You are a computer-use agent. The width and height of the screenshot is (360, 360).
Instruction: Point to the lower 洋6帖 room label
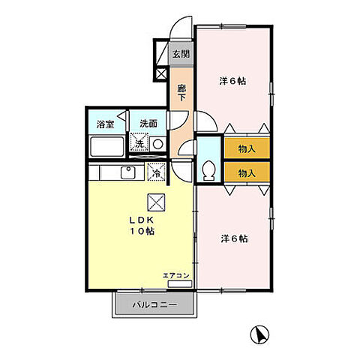click(234, 238)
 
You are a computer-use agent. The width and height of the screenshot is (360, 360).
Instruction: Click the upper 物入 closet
click(246, 148)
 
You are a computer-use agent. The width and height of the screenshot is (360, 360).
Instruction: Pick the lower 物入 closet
click(246, 172)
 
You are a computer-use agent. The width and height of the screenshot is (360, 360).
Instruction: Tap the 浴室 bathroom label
click(104, 124)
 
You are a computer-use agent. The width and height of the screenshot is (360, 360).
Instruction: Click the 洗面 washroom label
click(147, 124)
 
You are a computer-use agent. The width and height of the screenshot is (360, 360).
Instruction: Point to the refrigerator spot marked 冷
click(156, 172)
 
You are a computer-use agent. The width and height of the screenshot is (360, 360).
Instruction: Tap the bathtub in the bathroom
click(108, 146)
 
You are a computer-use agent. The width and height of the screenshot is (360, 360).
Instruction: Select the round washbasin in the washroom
click(157, 143)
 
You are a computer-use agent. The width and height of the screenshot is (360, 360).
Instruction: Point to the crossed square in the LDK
click(156, 201)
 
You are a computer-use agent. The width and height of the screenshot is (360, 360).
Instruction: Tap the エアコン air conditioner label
click(175, 276)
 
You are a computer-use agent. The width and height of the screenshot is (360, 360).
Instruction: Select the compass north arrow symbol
click(259, 335)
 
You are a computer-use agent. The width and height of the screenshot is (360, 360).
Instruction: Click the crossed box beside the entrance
click(160, 73)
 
